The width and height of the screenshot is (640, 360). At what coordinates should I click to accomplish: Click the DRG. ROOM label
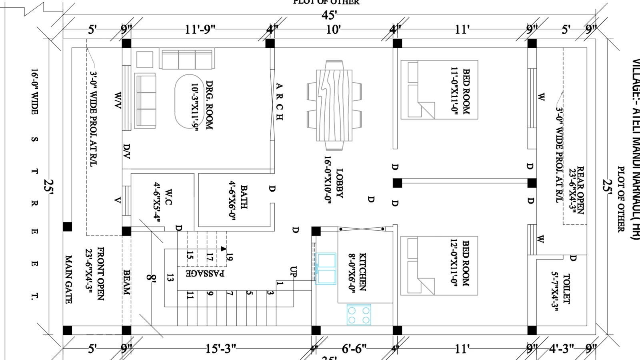209,105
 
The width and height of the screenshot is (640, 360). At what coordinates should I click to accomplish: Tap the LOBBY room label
340,183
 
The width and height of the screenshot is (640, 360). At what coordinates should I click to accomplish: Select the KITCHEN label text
362,271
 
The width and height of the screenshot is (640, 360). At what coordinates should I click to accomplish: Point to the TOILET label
566,288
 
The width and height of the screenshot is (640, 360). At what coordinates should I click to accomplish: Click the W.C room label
168,197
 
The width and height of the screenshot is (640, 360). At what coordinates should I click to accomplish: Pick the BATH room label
244,197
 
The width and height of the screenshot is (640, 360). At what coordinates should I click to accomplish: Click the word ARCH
279,102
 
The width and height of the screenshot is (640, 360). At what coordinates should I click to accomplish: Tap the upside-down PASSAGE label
205,273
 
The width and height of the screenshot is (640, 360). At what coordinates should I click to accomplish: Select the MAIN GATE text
69,279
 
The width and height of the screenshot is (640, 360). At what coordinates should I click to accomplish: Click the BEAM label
126,282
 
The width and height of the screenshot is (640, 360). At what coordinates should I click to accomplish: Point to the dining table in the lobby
334,105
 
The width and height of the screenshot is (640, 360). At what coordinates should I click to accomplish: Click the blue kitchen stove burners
359,314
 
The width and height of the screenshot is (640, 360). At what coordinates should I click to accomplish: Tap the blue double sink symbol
326,268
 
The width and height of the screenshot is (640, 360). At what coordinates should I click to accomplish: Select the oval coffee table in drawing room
188,101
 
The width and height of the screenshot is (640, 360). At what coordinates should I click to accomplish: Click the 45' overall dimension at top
329,15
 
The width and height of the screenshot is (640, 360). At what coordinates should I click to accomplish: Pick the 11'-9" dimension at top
200,30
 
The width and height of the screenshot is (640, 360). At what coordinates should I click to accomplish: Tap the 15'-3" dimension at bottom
220,349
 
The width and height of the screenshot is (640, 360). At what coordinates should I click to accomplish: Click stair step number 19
229,256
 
